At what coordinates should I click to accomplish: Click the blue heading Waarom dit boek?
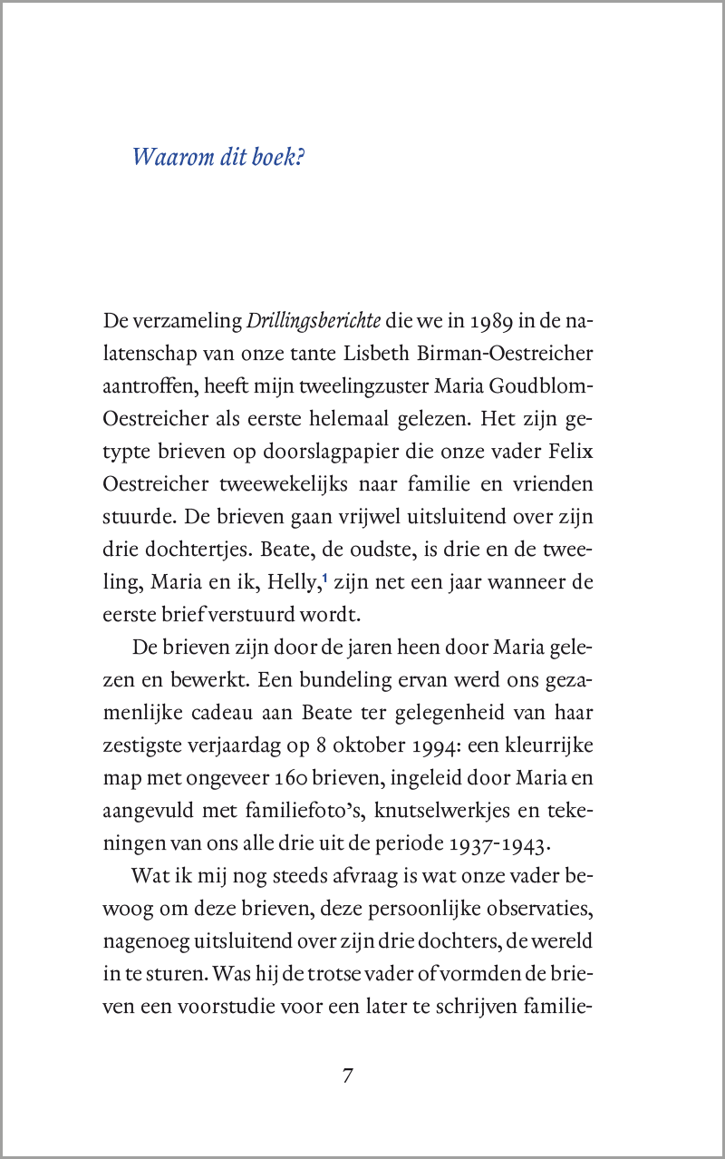click(x=218, y=157)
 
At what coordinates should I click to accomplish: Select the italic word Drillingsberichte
click(x=314, y=323)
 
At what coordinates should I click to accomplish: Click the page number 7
click(x=348, y=1076)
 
